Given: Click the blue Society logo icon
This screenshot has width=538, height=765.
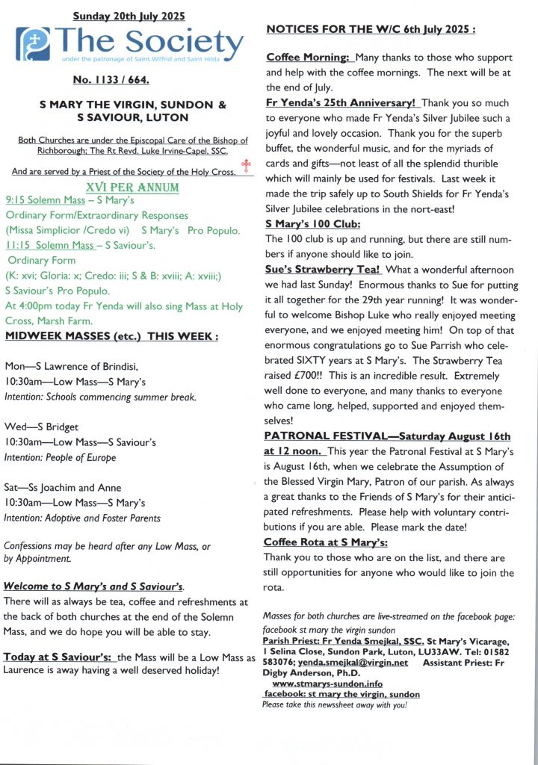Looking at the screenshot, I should [34, 44].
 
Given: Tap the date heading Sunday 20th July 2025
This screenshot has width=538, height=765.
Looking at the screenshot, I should [129, 16].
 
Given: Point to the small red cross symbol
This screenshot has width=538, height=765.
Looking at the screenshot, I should [244, 166].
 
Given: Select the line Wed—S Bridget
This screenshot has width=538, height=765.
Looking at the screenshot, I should [42, 427].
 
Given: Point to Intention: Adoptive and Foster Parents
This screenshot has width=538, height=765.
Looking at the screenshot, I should [82, 518].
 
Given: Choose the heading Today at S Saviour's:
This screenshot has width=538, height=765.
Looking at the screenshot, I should [59, 657].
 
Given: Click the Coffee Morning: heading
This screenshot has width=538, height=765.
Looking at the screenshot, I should [308, 57].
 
